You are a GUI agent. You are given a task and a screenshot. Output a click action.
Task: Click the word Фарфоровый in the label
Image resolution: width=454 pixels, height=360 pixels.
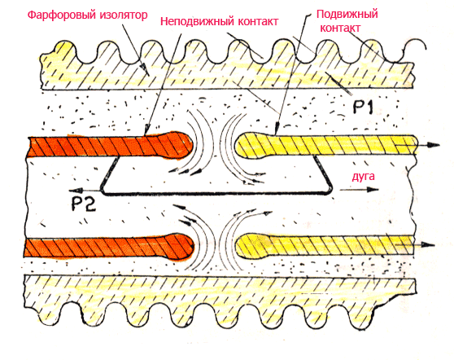point(62,15)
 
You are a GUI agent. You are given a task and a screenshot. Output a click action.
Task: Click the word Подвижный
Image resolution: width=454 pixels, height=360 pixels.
point(347,14)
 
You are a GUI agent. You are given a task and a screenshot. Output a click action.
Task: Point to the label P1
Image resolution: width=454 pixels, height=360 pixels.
point(364,107)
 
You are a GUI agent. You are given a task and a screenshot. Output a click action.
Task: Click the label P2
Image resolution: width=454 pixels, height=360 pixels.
point(83,204)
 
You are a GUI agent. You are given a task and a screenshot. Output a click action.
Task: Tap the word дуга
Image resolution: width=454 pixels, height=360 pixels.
point(364,177)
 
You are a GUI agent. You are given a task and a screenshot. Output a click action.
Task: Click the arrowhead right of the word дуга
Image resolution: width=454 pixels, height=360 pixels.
point(373,190)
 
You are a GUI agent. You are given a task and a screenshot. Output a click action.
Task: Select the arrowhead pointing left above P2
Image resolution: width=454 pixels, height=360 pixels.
point(75,191)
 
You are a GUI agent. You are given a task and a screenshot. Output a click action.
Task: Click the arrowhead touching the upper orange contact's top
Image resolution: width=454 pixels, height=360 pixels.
point(147,130)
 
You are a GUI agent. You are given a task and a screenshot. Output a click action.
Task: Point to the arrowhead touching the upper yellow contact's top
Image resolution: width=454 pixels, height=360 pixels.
point(277,128)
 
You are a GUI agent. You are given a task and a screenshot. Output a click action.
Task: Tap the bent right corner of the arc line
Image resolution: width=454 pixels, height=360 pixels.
point(330,190)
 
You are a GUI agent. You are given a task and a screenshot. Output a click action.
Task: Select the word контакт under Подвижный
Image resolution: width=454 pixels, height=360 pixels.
point(340,29)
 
